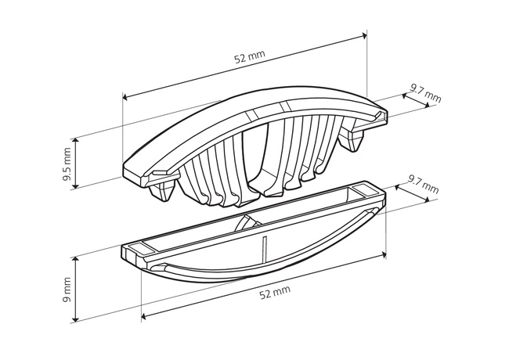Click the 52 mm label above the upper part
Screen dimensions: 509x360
[249, 57]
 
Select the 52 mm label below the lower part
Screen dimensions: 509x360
[275, 293]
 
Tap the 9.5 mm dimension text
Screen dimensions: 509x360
[67, 164]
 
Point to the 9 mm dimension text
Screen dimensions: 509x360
[67, 290]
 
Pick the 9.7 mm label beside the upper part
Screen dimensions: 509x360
[425, 93]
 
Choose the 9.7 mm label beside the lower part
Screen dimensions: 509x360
[424, 184]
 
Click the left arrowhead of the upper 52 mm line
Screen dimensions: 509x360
[125, 97]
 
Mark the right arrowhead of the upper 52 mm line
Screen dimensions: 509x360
[364, 35]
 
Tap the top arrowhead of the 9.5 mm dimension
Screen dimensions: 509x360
[76, 141]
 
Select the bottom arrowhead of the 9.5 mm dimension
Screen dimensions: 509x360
[76, 185]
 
